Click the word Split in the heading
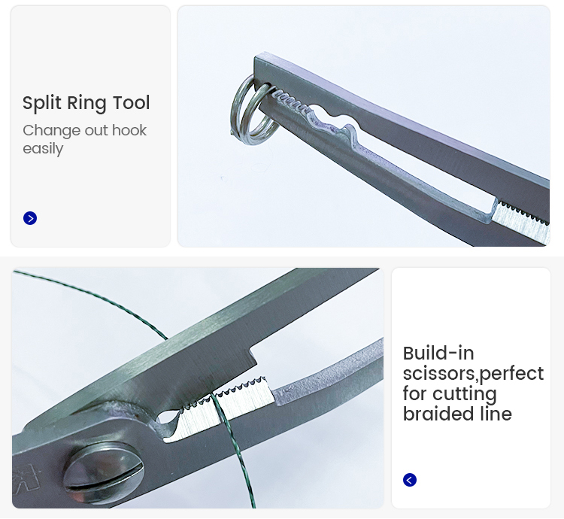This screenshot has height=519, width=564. coord(42,103)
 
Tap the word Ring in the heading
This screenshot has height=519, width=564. coord(87,103)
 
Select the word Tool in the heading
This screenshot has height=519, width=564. coord(132,103)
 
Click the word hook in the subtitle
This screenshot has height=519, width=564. coord(129,130)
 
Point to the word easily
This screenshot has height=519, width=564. coord(43,149)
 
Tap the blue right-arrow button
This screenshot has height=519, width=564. coord(30,218)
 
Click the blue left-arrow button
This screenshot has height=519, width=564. coord(410,480)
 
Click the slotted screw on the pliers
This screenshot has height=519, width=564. coord(104,472)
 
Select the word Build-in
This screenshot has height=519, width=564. coord(438,354)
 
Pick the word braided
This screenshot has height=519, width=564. coord(438,414)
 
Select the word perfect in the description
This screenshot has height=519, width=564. coord(512,374)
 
